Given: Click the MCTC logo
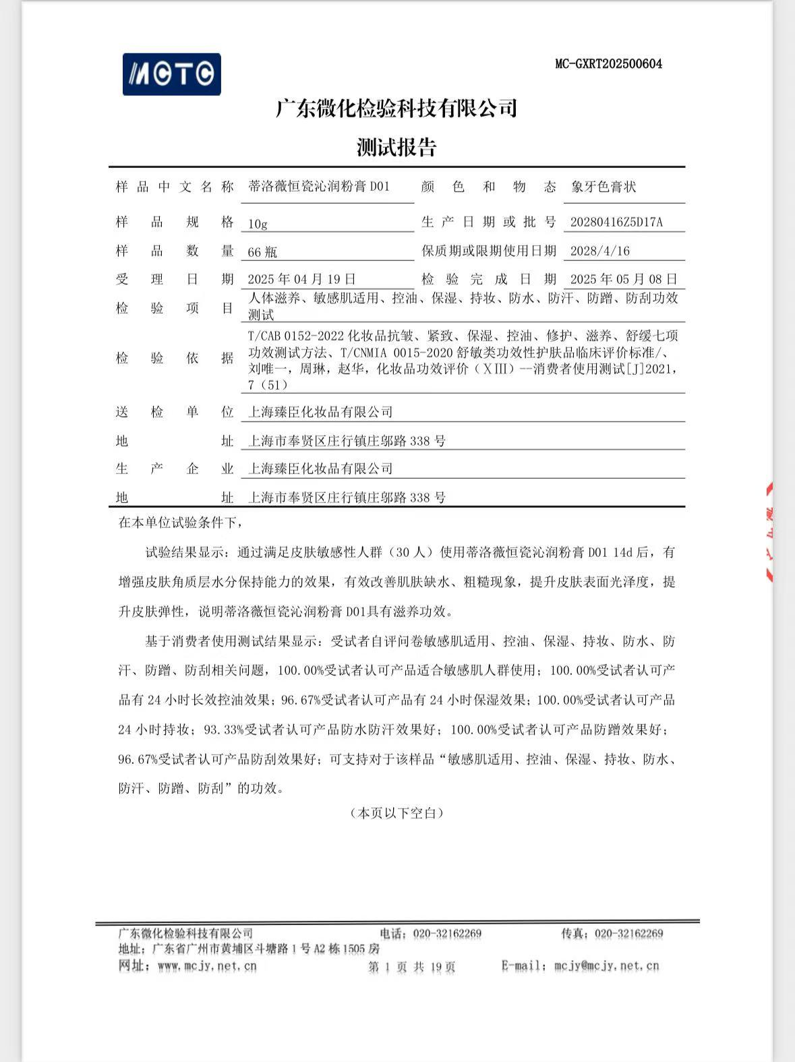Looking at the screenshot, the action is [x=171, y=74].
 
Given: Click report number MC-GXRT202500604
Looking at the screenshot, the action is [x=608, y=64].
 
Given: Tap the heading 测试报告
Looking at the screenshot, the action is [x=396, y=147].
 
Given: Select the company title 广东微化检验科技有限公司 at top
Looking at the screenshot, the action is [x=396, y=108].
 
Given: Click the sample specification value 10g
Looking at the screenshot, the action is [x=258, y=224].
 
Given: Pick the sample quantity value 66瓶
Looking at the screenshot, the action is [x=262, y=252].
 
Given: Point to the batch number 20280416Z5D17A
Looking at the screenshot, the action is [x=616, y=223].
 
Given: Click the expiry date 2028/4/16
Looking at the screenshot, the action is [x=599, y=252].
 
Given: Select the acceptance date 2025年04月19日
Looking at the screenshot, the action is [x=301, y=279].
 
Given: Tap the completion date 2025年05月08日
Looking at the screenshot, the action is [x=623, y=279].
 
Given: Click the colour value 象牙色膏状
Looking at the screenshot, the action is [x=603, y=187].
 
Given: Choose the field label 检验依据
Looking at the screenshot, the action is [x=174, y=358].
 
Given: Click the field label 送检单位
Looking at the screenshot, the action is [x=174, y=412].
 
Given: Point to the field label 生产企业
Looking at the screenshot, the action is [x=174, y=469].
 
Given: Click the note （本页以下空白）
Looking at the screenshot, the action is [x=396, y=813].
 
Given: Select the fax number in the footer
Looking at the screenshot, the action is [x=629, y=934].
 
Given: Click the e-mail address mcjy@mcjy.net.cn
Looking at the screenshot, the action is [x=606, y=966].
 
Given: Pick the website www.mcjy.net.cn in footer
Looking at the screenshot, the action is [x=207, y=966].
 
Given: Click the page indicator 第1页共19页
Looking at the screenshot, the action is [x=411, y=967].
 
